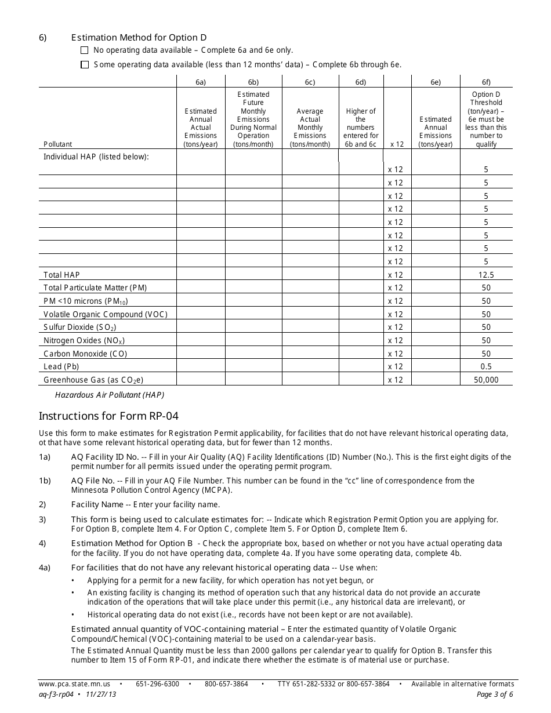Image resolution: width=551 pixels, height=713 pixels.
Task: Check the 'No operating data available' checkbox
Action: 85,50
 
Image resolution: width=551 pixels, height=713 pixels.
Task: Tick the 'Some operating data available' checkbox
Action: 85,65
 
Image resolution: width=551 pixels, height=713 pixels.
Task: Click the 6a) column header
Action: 200,82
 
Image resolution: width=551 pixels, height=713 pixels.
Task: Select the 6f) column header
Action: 486,82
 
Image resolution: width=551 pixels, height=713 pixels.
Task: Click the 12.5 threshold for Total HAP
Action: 486,275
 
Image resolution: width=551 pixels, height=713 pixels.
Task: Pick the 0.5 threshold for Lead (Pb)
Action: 486,367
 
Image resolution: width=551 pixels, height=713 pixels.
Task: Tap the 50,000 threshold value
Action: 486,380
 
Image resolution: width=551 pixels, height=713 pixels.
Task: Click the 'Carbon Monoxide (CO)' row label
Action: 85,354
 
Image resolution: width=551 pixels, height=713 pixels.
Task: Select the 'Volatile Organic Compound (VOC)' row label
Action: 106,314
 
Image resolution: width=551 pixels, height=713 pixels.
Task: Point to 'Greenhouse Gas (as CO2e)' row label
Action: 93,380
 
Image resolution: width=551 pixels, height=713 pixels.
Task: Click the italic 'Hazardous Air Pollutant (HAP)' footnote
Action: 110,395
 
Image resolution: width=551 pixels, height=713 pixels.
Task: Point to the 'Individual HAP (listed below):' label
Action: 96,157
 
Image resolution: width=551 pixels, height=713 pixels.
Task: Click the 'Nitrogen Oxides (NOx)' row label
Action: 84,341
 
